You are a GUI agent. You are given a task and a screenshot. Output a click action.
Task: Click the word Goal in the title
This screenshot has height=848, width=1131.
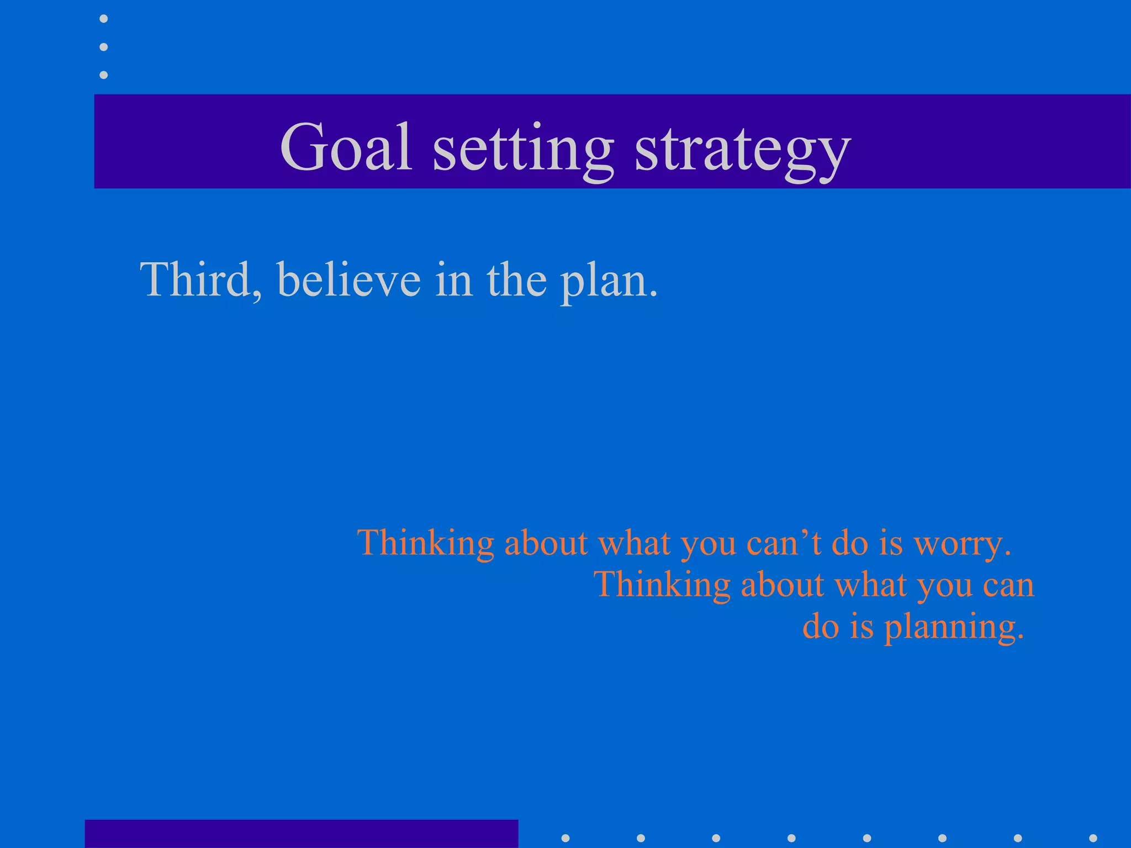pos(346,147)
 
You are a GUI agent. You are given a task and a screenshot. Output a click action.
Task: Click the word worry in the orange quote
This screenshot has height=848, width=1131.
pos(962,544)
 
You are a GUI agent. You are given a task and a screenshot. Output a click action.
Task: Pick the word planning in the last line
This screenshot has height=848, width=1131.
pos(954,628)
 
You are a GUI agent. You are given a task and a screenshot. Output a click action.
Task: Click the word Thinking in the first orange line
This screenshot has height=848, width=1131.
pos(425,544)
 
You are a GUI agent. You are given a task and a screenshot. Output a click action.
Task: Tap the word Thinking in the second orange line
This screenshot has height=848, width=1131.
pos(662,585)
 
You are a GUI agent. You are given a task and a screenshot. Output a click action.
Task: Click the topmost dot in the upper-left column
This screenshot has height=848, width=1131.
pos(103,19)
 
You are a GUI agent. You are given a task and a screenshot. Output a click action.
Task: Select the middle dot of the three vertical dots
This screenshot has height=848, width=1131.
pos(103,47)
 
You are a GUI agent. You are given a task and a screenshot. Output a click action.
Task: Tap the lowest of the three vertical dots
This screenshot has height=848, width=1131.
pos(103,75)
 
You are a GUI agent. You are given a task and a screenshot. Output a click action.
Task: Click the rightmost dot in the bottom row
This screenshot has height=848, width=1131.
pos(1092,838)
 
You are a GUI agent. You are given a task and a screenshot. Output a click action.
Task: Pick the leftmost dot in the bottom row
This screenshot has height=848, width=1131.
pos(565,838)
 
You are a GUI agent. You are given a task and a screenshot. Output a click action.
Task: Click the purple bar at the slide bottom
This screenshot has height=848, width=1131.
pos(301,834)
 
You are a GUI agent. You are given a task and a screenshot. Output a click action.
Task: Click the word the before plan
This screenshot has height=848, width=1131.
pos(517,280)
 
